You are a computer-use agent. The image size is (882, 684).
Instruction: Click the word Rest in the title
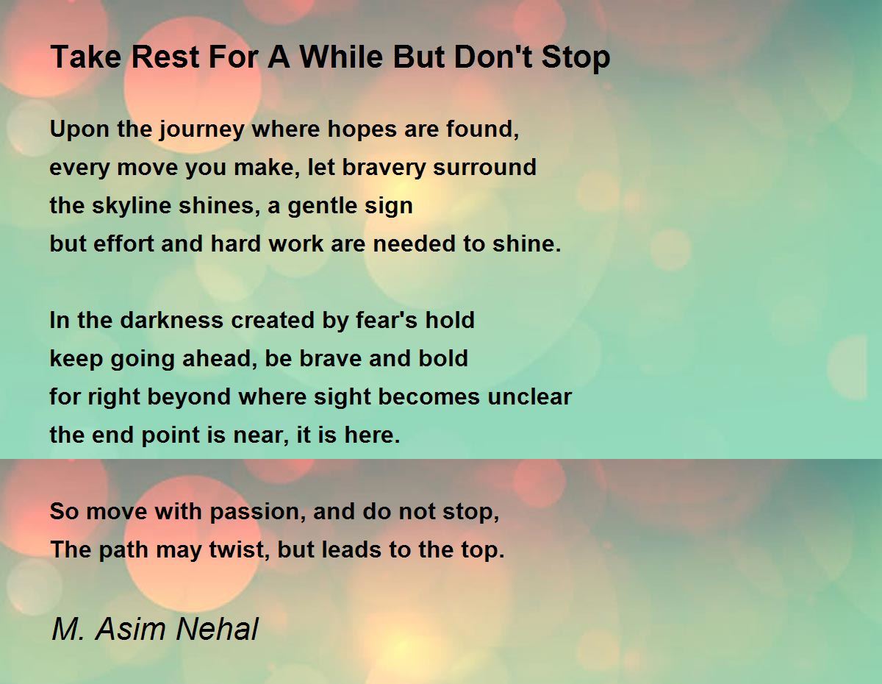point(165,57)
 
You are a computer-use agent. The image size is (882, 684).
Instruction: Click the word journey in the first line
point(201,130)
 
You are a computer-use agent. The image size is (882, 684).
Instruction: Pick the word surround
point(484,167)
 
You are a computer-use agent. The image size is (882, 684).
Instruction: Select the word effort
point(123,243)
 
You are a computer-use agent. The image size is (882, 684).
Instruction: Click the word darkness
point(171,320)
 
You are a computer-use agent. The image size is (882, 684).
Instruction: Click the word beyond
point(189,397)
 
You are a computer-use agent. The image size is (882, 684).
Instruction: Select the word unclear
point(530,397)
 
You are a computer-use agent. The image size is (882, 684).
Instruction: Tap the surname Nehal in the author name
point(217,629)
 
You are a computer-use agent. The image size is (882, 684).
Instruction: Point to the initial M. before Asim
point(68,629)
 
